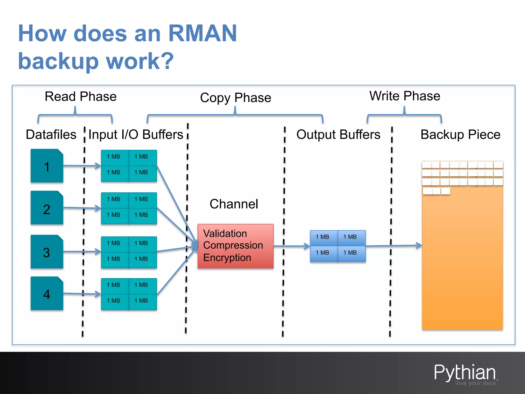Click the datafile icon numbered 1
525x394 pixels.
coord(47,166)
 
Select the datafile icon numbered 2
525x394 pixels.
coord(47,208)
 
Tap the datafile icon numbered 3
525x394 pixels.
coord(47,252)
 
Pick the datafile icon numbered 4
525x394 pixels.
coord(47,293)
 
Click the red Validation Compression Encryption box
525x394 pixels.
coord(235,246)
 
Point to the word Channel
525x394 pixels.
coord(234,204)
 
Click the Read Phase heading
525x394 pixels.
coord(80,97)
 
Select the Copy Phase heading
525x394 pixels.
coord(235,98)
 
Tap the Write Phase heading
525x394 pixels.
coord(405,96)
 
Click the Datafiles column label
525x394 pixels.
coord(51,134)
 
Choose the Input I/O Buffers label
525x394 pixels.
coord(136,134)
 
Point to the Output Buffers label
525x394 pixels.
coord(338,134)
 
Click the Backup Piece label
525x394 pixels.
coord(460,134)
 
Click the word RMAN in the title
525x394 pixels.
coord(202,33)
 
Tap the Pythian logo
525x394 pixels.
coord(465,373)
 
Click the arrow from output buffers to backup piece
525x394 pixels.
coord(393,246)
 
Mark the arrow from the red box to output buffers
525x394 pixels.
coord(292,246)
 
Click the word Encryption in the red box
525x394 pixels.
coord(227,258)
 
